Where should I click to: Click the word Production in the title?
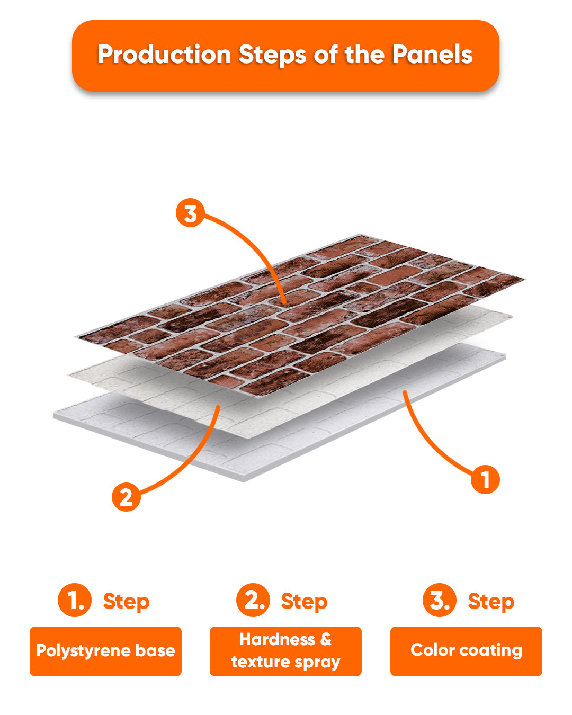click(165, 55)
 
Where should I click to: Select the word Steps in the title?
click(272, 55)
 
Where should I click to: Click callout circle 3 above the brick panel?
click(190, 212)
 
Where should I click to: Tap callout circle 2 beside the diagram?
click(126, 497)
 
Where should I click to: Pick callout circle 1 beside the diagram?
click(485, 479)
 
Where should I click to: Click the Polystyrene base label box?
click(106, 651)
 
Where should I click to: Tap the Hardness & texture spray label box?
click(285, 651)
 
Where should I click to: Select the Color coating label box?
click(466, 651)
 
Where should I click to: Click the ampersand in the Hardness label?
click(326, 639)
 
